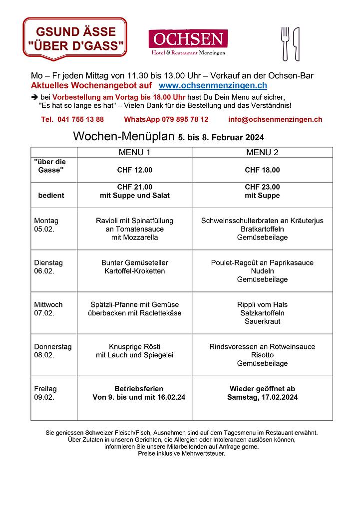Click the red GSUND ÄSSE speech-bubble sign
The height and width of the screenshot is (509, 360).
75,39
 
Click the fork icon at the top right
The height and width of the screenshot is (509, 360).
285,43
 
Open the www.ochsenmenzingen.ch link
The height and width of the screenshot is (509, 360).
212,86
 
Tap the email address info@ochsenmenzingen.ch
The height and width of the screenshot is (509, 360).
275,120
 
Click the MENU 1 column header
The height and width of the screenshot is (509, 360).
134,152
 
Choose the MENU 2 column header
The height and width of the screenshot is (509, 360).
262,152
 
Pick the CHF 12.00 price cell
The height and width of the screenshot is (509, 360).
134,170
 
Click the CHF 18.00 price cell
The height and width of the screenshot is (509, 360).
262,170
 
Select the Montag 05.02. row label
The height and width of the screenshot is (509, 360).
46,225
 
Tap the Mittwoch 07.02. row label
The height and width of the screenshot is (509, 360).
48,309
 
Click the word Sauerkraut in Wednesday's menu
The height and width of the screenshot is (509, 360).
262,321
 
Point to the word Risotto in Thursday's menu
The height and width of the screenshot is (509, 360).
262,355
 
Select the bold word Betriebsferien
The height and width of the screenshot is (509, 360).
139,389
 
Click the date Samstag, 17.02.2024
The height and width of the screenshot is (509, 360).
262,397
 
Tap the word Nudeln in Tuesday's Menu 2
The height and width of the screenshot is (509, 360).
262,271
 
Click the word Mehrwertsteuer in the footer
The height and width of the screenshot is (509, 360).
202,454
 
